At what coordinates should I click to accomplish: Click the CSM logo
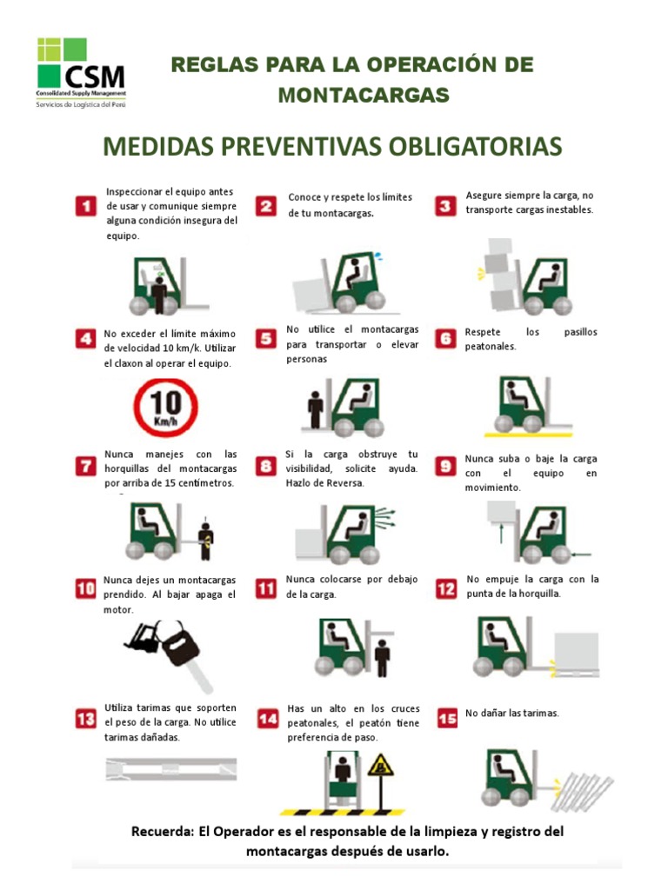tap(81, 73)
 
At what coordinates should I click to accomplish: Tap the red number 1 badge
tap(86, 205)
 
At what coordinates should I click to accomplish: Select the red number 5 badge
tap(266, 339)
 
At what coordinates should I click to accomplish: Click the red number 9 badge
tap(445, 466)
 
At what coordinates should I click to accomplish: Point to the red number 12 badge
tap(446, 588)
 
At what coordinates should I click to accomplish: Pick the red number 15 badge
tap(447, 718)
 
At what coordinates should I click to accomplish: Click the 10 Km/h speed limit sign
tap(166, 408)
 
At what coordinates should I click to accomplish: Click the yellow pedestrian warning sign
tap(381, 767)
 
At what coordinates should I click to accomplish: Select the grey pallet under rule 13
tap(171, 768)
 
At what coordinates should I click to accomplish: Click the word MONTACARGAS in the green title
tap(364, 95)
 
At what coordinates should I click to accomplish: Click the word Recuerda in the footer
tap(162, 832)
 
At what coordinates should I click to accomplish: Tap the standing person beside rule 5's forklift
tap(315, 409)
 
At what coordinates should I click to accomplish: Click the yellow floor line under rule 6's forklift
tap(528, 435)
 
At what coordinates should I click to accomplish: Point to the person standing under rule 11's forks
tap(383, 658)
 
